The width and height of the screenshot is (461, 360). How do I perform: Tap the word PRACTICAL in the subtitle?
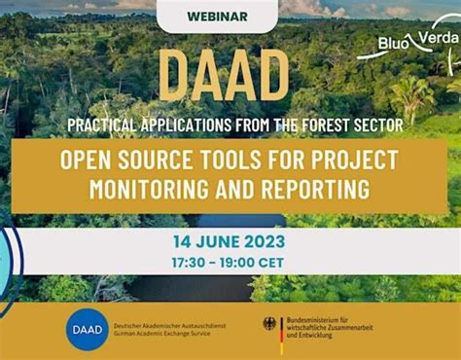[x=106, y=125]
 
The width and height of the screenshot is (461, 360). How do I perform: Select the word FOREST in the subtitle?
[x=324, y=125]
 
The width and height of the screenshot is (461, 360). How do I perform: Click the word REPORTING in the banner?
[x=317, y=187]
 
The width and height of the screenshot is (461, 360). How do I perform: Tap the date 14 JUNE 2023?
[x=230, y=241]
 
